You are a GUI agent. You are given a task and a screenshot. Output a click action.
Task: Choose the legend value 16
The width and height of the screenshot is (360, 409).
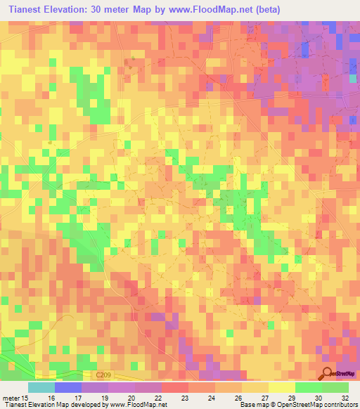[x=51, y=397]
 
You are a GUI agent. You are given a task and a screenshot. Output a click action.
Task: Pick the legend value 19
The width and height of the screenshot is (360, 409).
[x=104, y=397]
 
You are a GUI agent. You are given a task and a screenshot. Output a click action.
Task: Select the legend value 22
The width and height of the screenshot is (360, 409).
[x=159, y=397]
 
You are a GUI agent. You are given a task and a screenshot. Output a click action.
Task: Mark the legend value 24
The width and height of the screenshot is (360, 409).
[x=212, y=397]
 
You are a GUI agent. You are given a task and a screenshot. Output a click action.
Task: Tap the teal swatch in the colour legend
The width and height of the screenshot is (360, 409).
[x=41, y=387]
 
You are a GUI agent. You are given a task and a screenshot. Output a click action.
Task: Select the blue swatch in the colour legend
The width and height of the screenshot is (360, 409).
[x=68, y=387]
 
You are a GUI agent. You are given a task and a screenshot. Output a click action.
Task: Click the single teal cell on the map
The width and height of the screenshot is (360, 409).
[x=354, y=79]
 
